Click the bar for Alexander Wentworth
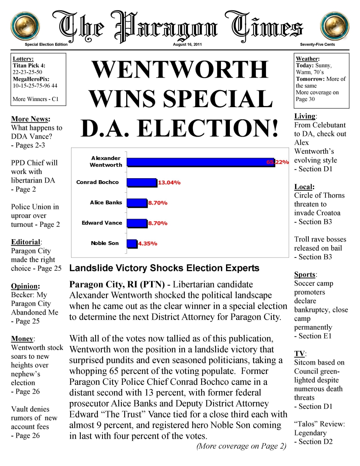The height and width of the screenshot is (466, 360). tap(200, 162)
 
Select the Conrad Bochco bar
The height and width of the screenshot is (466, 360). tap(142, 183)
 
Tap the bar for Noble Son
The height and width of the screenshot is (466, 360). tap(132, 243)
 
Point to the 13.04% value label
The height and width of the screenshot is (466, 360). tap(169, 183)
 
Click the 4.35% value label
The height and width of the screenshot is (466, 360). tap(148, 244)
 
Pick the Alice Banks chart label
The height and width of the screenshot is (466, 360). tap(106, 203)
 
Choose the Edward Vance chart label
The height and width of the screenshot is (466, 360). tap(102, 223)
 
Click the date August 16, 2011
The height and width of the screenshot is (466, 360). tap(187, 45)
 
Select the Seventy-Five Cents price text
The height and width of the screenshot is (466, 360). tap(317, 45)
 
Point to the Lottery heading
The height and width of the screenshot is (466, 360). tap(23, 59)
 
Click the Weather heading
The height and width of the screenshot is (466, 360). tap(308, 59)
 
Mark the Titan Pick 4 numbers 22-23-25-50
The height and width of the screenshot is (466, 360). tap(28, 72)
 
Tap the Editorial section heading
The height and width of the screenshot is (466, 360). tap(26, 242)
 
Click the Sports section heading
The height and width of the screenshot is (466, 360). tap(305, 275)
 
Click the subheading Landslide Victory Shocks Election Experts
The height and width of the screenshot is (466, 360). tap(164, 268)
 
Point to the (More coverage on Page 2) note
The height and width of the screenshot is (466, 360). tap(241, 446)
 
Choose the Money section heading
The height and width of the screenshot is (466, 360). tap(22, 339)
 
